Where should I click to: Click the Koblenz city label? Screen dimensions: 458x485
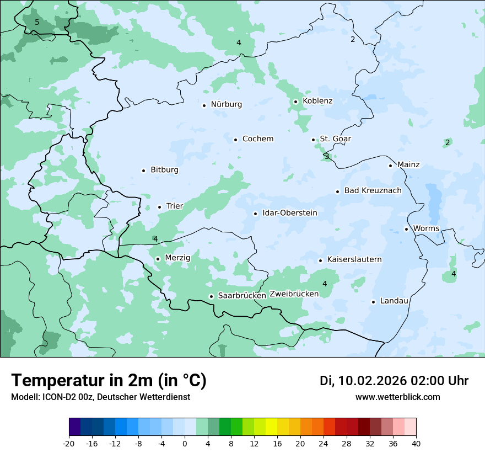317,101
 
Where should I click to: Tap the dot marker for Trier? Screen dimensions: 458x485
160,207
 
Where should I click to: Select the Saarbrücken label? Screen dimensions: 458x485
242,296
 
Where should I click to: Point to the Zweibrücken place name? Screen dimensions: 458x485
294,294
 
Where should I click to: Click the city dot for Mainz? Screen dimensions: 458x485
390,166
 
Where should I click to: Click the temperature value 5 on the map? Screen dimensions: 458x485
37,23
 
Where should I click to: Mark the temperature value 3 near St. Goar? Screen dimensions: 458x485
327,157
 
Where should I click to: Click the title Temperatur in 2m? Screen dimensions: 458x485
109,381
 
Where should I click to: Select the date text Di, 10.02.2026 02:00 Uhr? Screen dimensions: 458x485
394,381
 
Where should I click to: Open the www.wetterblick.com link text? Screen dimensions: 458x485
397,397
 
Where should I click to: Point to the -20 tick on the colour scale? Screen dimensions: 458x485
68,443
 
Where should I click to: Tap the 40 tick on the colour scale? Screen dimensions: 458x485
416,443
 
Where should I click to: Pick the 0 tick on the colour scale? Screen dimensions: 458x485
185,443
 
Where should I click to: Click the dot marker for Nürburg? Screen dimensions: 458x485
204,105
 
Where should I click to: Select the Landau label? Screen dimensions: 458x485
394,301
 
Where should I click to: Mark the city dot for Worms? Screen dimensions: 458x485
406,229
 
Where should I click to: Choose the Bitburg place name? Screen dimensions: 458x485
164,170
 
